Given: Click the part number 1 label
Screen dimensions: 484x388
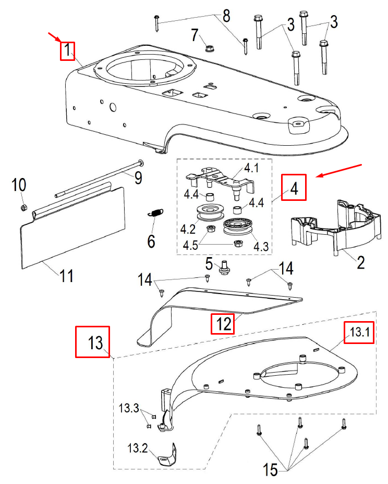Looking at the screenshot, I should coord(67,51).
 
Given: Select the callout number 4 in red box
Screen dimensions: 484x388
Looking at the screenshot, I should coord(294,187).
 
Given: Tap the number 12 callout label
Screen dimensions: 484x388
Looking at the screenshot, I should coord(223,324).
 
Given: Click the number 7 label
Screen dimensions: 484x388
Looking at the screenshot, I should coord(195,36).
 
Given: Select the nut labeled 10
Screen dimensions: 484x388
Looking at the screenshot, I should coord(23,208).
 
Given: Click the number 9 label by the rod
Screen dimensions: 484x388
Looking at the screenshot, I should coord(138,178).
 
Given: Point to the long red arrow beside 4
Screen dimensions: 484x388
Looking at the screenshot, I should coord(339,170).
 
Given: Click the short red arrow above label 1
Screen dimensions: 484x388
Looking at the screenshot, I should coord(54,36).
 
